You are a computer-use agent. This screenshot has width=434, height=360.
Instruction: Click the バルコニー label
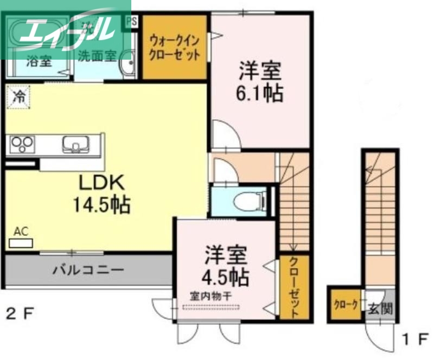88,269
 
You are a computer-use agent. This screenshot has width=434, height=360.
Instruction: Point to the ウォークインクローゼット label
175,47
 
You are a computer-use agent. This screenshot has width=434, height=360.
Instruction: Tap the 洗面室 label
97,55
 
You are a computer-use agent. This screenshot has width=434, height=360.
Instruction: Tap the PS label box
131,22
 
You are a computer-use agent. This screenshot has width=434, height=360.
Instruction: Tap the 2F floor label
21,313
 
